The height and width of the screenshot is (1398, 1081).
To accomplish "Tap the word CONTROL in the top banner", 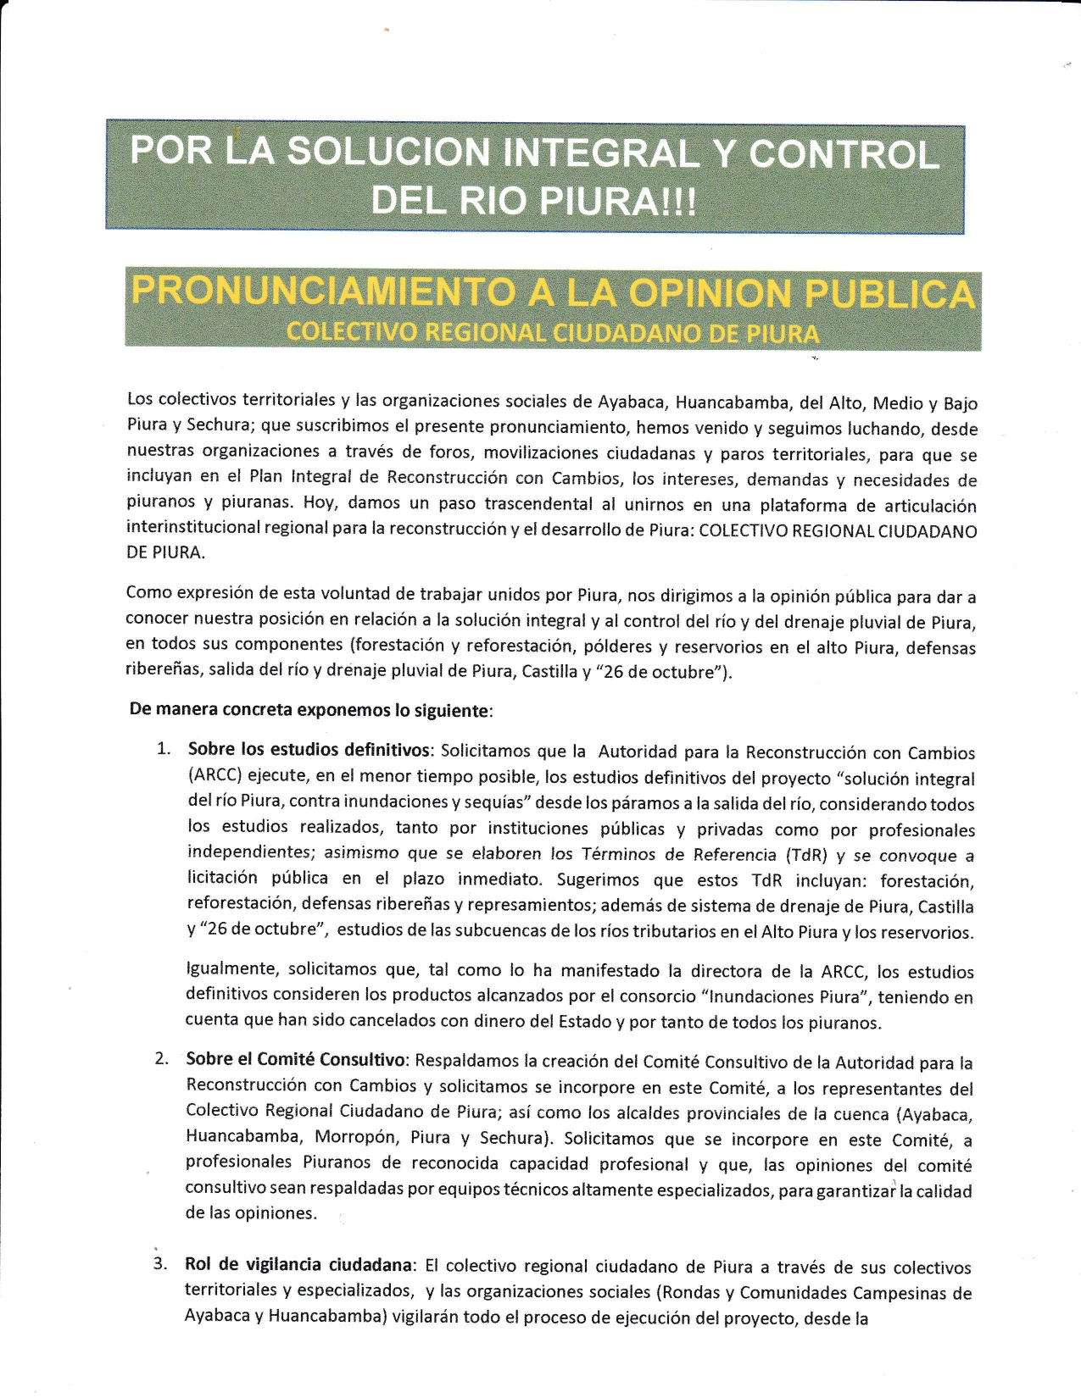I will click(x=844, y=155).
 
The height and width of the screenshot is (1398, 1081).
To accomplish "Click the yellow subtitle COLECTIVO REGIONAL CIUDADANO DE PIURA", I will click(x=553, y=332).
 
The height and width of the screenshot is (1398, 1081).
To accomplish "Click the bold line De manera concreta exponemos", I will click(x=310, y=710).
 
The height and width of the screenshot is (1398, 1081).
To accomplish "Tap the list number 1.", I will click(x=164, y=749).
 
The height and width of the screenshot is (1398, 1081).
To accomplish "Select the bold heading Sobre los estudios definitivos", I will click(x=310, y=750).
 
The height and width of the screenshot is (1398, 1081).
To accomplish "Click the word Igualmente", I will click(x=231, y=968).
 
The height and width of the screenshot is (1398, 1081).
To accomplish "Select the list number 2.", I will click(x=162, y=1059).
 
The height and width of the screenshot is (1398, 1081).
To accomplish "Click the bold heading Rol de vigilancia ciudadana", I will click(x=299, y=1265).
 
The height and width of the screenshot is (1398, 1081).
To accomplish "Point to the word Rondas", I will click(x=683, y=1293).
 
